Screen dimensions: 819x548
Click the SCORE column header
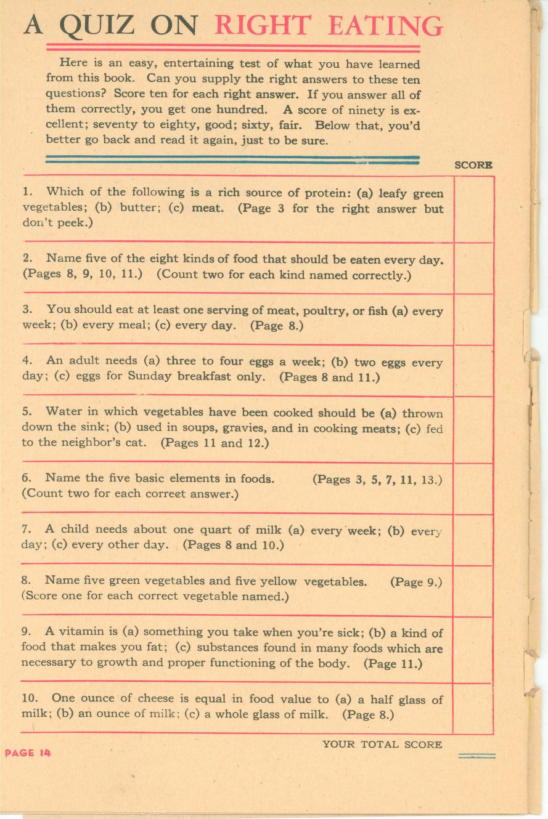pyautogui.click(x=473, y=165)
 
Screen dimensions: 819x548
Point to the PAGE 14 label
pyautogui.click(x=28, y=752)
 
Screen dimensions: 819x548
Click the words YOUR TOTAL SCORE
pyautogui.click(x=382, y=744)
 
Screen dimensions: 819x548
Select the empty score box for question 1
pyautogui.click(x=473, y=209)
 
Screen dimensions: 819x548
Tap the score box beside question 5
pyautogui.click(x=473, y=429)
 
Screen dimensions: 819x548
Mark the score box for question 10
pyautogui.click(x=473, y=708)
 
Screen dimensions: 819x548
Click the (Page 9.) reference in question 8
pyautogui.click(x=415, y=581)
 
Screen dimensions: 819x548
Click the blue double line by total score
pyautogui.click(x=476, y=756)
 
